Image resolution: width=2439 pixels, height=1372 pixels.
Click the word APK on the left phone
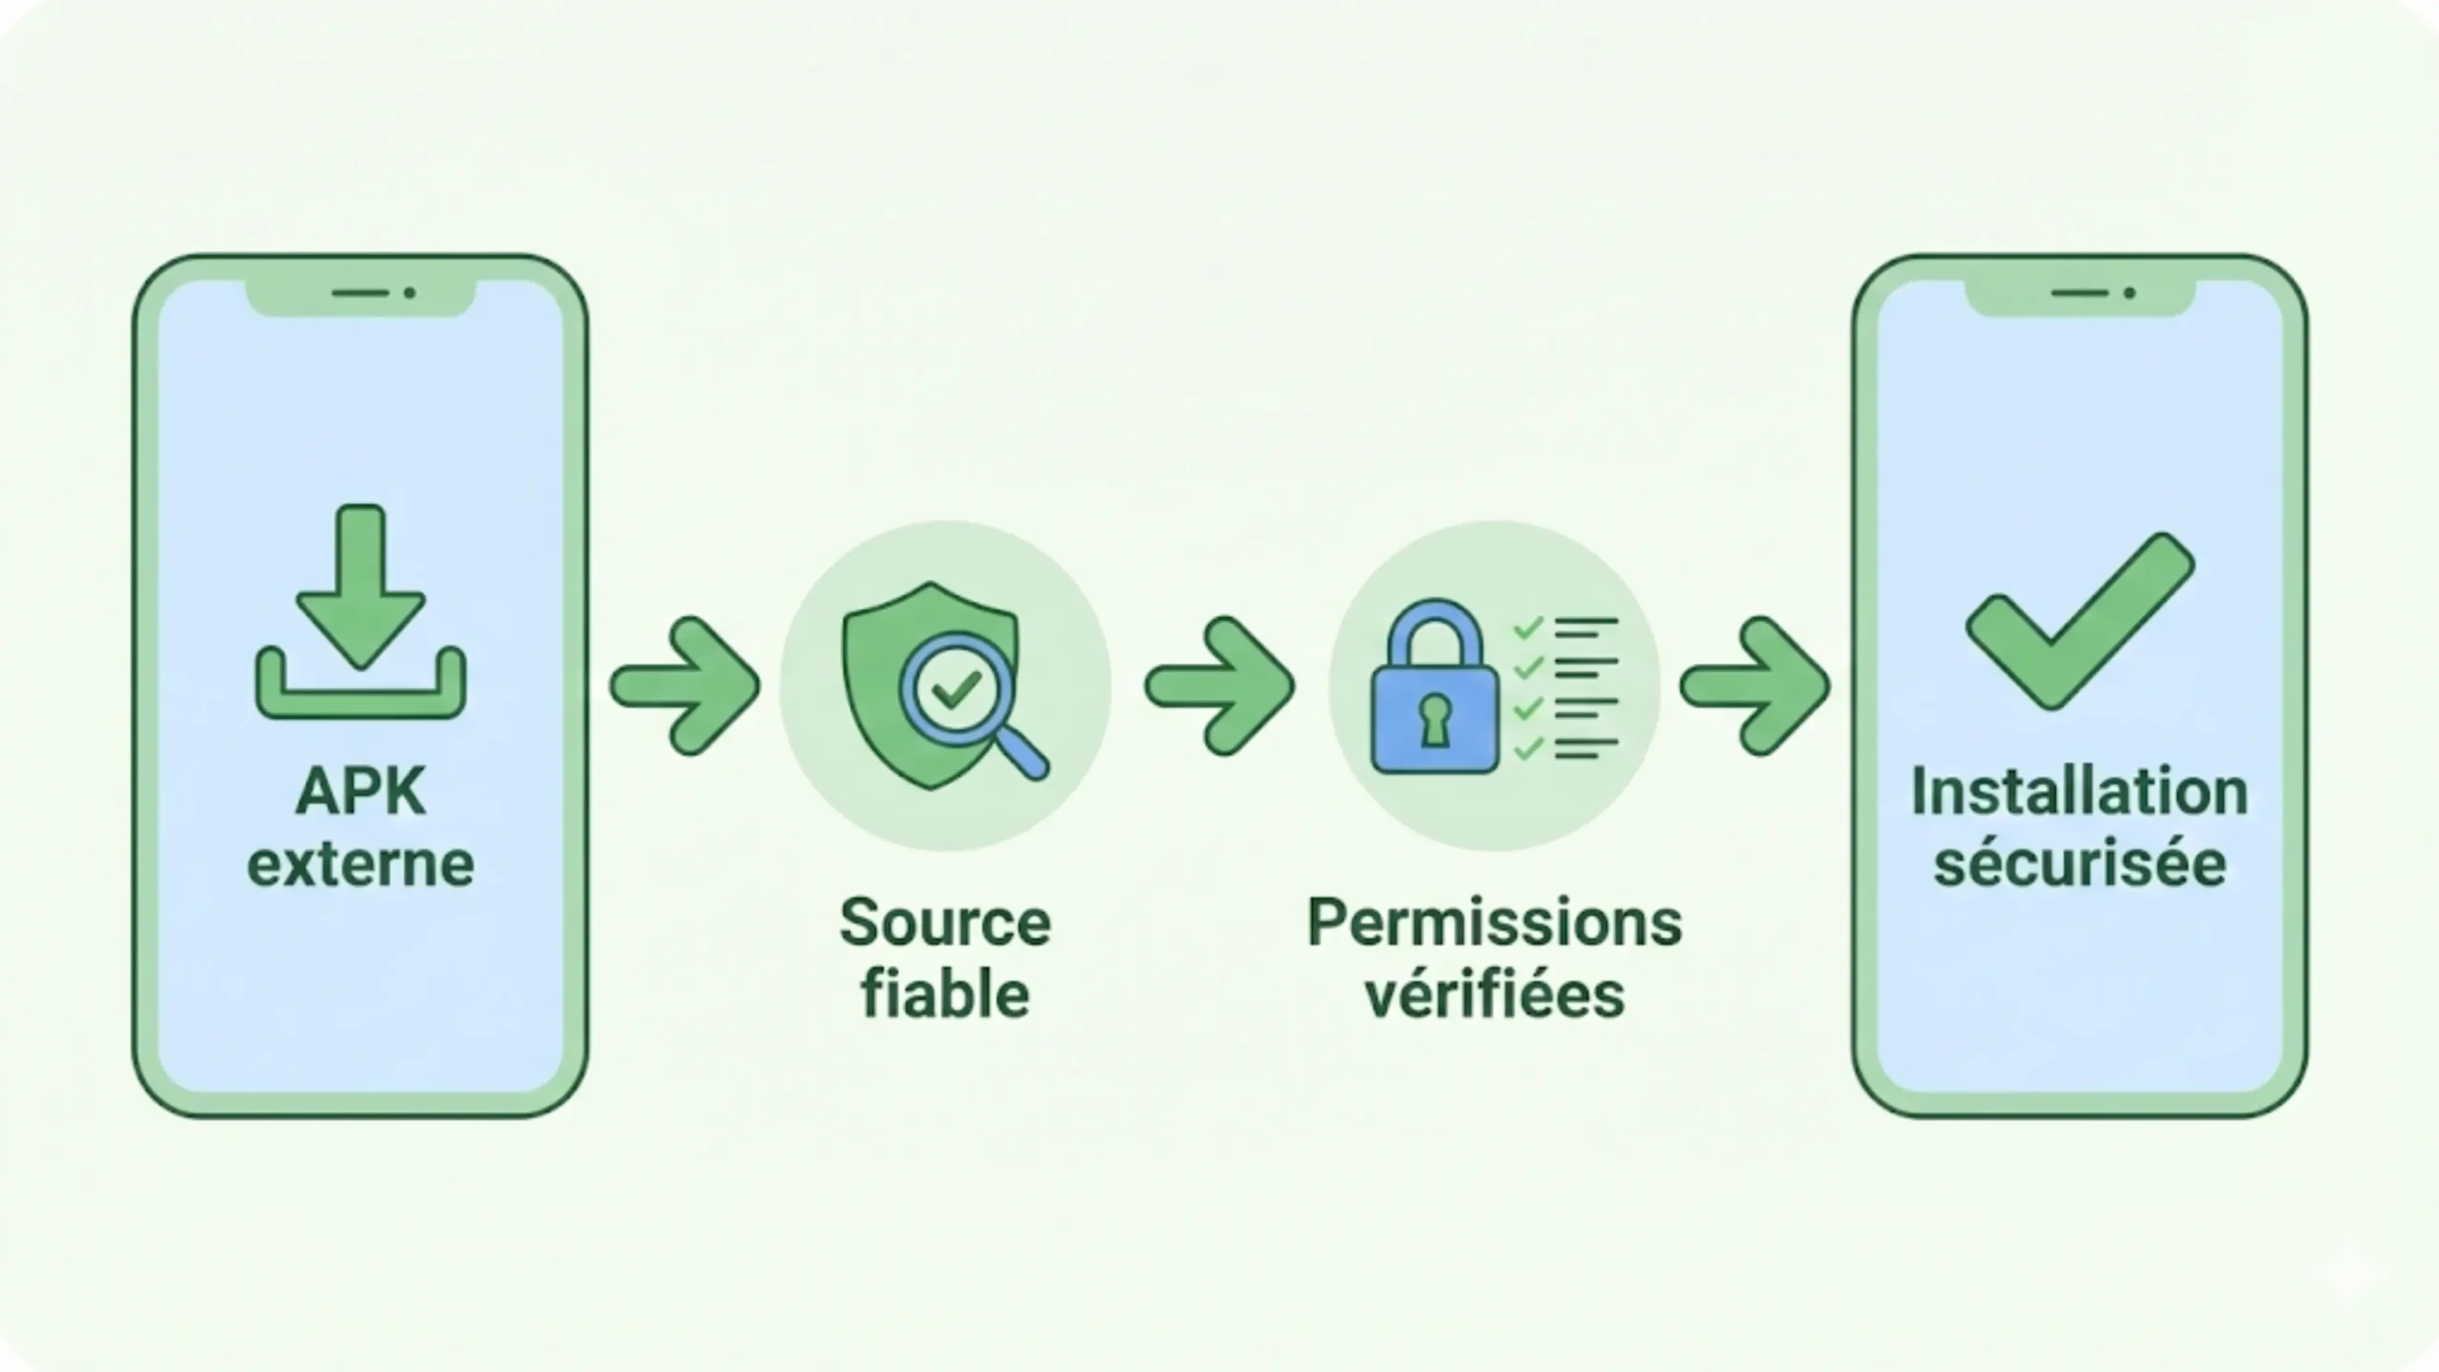(x=360, y=792)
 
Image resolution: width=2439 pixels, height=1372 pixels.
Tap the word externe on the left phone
(x=360, y=865)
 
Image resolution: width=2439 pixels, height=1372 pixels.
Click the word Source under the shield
(x=945, y=923)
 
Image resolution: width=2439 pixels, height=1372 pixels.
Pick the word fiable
(x=945, y=996)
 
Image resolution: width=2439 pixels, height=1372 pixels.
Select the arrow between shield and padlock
(x=1220, y=686)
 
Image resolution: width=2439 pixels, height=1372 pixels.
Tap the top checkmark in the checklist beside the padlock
(x=1528, y=629)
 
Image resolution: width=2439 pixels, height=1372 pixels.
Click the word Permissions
(x=1494, y=923)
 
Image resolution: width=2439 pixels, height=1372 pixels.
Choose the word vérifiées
(x=1494, y=996)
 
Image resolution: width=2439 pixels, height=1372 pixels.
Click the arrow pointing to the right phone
(x=1755, y=686)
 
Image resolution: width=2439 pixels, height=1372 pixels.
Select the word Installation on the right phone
(x=2080, y=792)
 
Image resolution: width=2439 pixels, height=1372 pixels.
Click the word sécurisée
(x=2080, y=865)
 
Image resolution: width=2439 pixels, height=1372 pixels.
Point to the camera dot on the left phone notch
(x=410, y=293)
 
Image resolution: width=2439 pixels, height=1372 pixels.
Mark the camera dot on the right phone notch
(x=2129, y=293)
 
